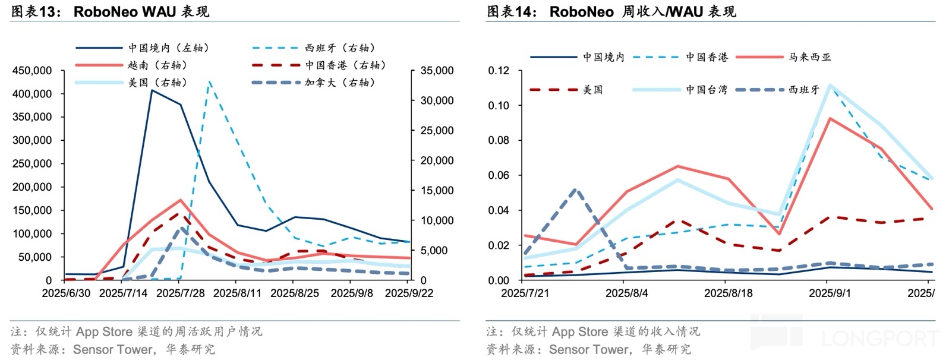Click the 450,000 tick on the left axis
pos(31,71)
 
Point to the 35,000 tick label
pos(437,71)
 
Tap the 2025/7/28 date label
pos(180,293)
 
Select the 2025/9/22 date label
pos(409,293)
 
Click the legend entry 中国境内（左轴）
pos(168,48)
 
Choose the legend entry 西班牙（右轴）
pos(339,48)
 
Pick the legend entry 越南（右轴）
pos(157,65)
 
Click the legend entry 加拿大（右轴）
pos(339,83)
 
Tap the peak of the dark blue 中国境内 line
pos(152,90)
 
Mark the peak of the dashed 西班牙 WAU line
pos(209,81)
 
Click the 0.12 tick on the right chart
pos(499,71)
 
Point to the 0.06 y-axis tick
pos(499,175)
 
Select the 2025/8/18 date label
pos(728,293)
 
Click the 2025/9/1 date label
pos(830,293)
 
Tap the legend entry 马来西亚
pos(809,57)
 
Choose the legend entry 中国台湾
pos(706,90)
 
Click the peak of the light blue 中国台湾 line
pos(830,86)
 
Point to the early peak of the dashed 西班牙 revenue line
pos(575,190)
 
